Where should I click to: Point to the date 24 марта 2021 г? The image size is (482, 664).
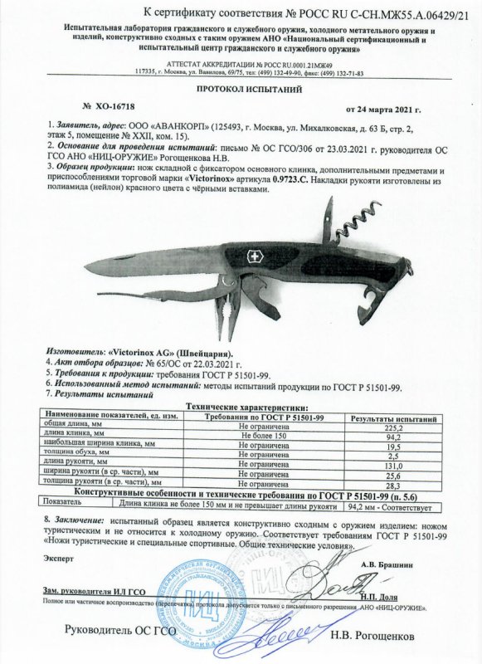(x=384, y=109)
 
